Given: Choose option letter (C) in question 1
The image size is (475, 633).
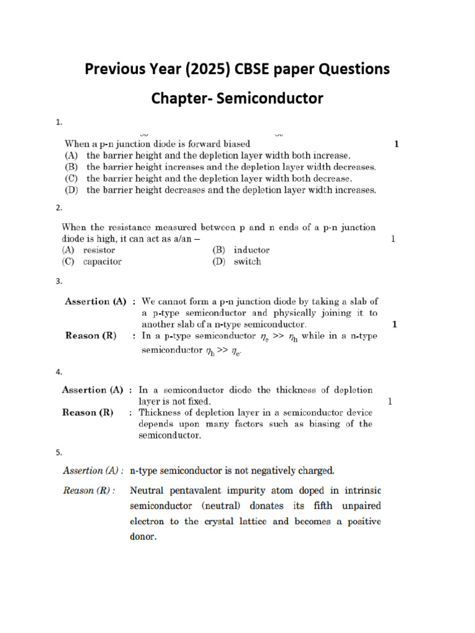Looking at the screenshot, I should click(x=72, y=178).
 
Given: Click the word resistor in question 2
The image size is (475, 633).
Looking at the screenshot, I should click(x=99, y=250).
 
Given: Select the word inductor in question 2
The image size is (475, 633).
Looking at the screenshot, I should click(x=251, y=250).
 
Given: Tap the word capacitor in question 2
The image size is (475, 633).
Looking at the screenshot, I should click(x=102, y=261).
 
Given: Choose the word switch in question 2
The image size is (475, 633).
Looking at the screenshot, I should click(x=247, y=261).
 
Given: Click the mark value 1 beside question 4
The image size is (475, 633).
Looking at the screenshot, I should click(x=390, y=401).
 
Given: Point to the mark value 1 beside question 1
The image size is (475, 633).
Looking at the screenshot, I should click(x=396, y=144).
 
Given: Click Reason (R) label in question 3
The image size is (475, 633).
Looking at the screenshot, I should click(x=91, y=336).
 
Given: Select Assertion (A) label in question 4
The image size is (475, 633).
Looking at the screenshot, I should click(x=92, y=390).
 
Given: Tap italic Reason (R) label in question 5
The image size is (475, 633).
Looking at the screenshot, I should click(x=87, y=491).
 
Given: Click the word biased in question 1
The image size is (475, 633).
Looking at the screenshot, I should click(x=236, y=143).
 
